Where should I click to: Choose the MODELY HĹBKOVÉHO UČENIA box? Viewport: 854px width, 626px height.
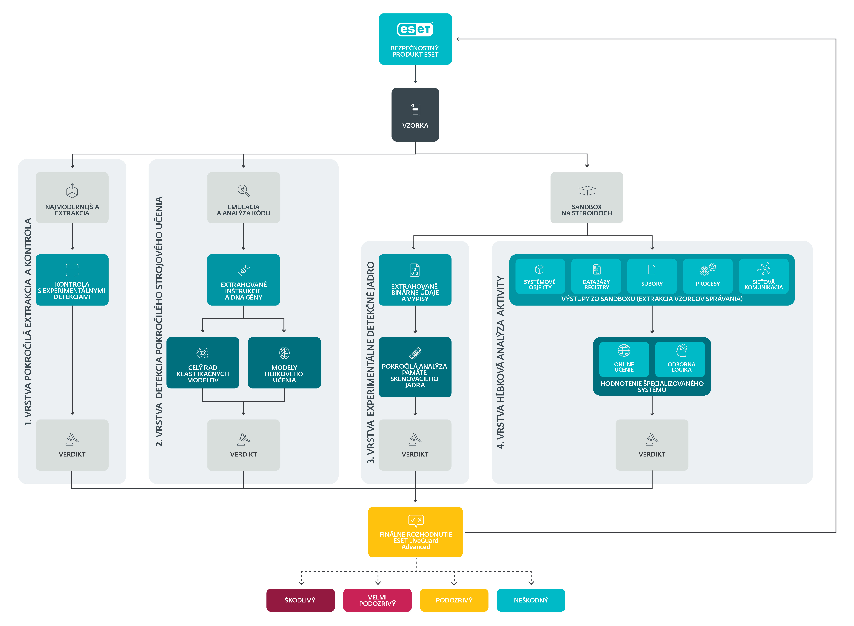pyautogui.click(x=284, y=363)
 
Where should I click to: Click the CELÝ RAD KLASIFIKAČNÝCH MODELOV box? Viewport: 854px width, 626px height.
pyautogui.click(x=203, y=363)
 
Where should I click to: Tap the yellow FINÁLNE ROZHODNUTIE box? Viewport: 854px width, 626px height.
pyautogui.click(x=415, y=532)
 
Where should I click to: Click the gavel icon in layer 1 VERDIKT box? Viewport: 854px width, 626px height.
pyautogui.click(x=72, y=439)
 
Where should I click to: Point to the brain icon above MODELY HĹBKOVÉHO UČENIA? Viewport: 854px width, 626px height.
pyautogui.click(x=284, y=353)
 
